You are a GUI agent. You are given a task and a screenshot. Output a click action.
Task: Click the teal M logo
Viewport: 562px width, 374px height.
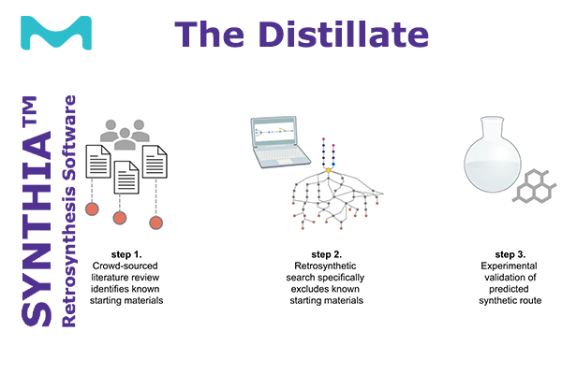tap(56, 33)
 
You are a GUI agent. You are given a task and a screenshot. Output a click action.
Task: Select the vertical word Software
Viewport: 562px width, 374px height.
tap(68, 137)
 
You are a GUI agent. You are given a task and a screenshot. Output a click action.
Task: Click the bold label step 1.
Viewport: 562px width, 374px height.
tap(126, 254)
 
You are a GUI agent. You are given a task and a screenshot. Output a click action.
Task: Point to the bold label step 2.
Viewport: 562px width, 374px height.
tap(327, 254)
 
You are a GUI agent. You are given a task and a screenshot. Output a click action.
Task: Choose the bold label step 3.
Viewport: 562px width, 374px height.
tap(510, 254)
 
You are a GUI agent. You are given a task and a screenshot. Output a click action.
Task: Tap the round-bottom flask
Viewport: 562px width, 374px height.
tap(493, 154)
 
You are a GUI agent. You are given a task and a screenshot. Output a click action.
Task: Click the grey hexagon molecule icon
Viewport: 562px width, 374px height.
tap(535, 185)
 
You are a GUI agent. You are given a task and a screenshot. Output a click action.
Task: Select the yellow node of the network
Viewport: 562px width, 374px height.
tap(329, 170)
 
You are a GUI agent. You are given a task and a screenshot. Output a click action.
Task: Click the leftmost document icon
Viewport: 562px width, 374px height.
tap(98, 162)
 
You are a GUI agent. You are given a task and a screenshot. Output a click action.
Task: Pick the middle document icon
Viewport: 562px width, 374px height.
tap(126, 178)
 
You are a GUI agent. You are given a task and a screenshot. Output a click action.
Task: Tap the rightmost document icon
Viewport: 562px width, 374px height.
tap(155, 162)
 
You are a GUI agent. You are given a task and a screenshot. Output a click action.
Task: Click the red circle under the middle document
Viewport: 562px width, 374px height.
tap(120, 218)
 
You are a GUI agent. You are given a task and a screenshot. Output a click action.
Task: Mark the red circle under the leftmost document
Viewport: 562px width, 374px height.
tap(92, 209)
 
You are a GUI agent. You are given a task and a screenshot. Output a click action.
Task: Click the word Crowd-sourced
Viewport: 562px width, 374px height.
tap(126, 266)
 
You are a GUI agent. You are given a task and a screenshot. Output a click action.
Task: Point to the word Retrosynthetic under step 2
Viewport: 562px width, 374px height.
tap(325, 266)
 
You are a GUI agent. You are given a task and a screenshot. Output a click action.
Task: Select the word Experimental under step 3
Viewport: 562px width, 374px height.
tap(509, 266)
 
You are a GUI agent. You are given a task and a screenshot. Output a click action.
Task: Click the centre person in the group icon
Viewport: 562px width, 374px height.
tap(125, 139)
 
